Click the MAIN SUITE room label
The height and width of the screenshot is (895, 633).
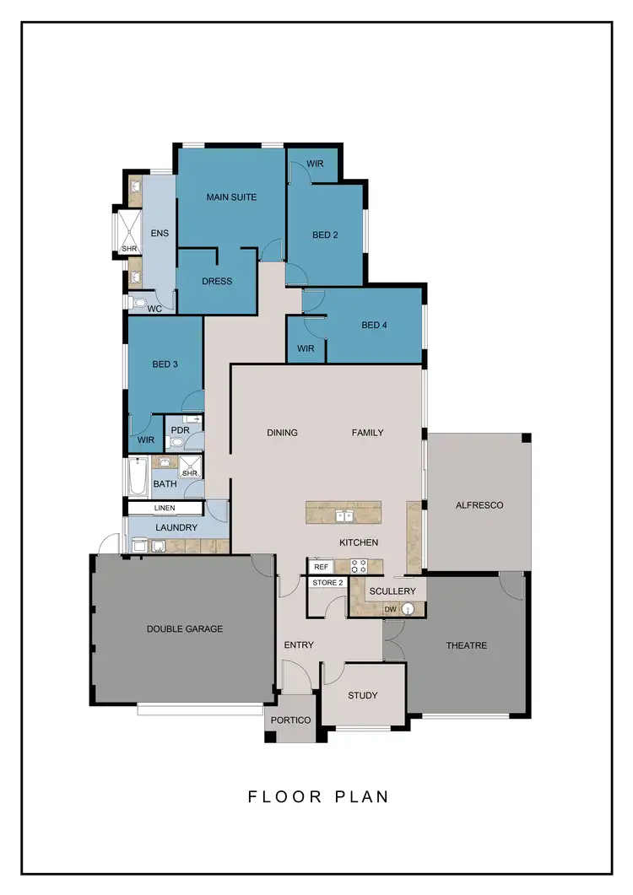231,197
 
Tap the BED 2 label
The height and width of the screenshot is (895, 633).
325,235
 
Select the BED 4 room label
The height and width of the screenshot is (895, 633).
374,325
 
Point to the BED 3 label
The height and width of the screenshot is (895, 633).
165,364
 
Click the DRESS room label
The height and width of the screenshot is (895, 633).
217,281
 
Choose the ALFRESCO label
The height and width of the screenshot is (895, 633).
479,505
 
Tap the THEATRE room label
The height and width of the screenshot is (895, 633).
467,645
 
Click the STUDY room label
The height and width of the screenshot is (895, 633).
363,695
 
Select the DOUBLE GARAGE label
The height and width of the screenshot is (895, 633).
185,628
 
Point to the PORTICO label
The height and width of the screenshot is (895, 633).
290,720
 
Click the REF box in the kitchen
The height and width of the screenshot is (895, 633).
321,567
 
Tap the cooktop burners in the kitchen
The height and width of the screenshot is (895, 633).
358,566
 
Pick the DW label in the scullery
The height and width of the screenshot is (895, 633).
390,609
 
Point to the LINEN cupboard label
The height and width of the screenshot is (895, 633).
165,509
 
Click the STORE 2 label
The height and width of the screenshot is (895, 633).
328,583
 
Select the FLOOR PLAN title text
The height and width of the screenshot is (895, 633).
318,796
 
